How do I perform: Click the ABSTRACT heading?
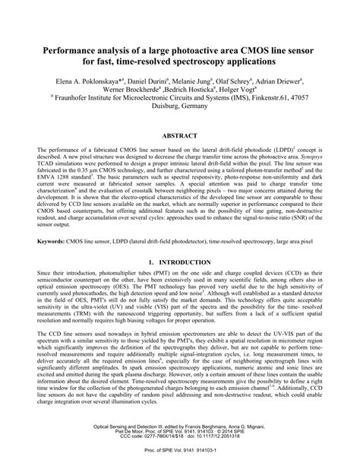180,135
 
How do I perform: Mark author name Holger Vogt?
245,90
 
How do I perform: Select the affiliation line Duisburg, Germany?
180,109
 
